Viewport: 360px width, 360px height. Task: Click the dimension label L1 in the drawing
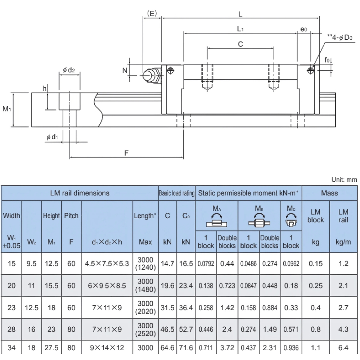(x=240, y=29)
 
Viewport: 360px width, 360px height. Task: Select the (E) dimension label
(x=152, y=13)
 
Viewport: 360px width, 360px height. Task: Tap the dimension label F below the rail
(x=126, y=153)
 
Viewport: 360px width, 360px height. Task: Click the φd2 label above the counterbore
(x=68, y=69)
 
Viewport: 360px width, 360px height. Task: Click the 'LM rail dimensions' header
(x=80, y=193)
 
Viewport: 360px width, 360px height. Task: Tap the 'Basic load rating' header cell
(x=177, y=193)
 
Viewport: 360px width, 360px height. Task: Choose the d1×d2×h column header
(x=107, y=242)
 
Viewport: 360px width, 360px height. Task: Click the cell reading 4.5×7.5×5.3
(x=107, y=264)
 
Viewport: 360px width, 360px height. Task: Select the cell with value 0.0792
(x=206, y=264)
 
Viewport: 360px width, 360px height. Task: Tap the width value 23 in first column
(x=12, y=307)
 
